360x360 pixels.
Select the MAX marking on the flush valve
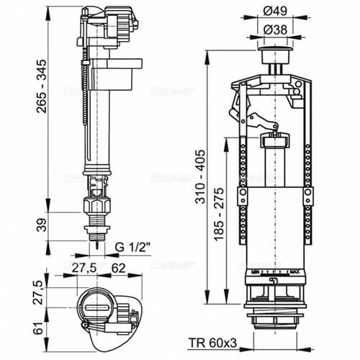click(x=295, y=271)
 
